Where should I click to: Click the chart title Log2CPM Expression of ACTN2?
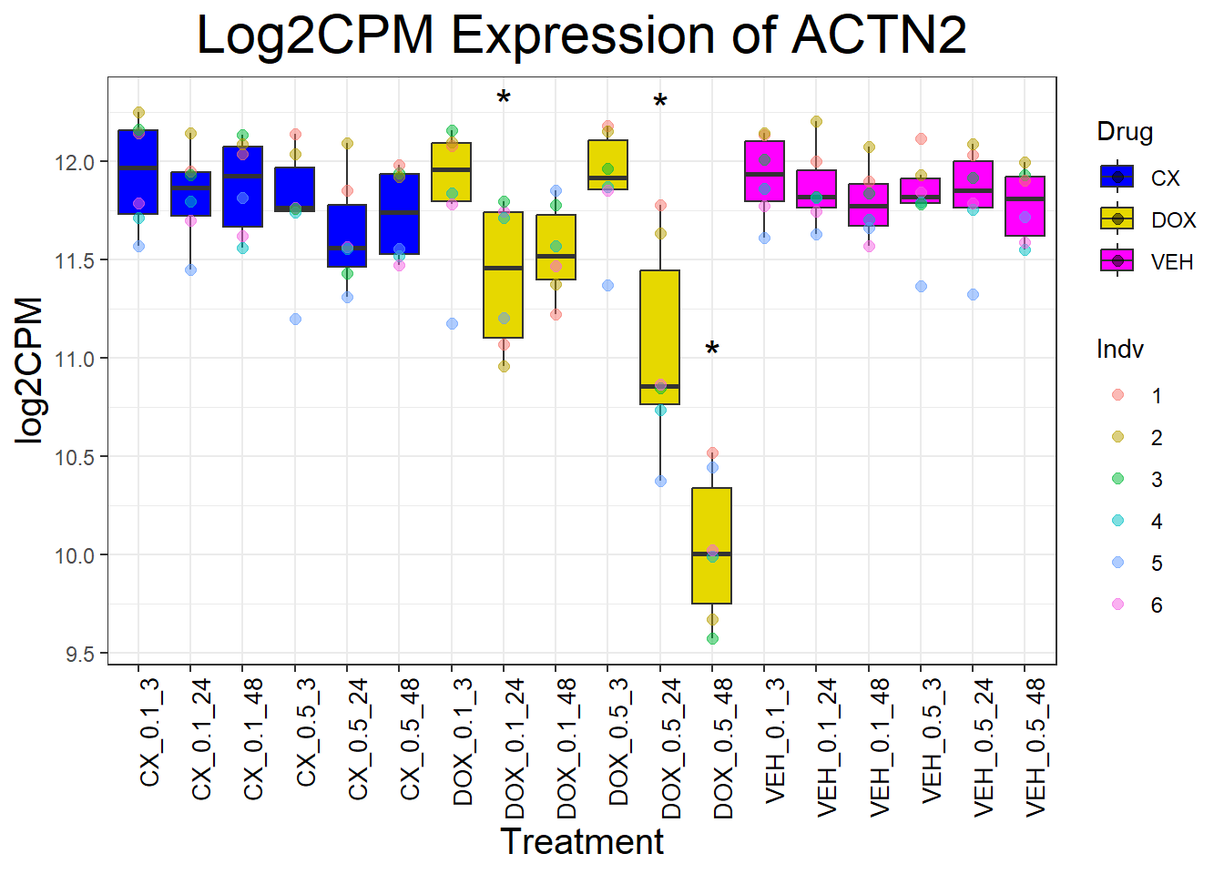(x=581, y=36)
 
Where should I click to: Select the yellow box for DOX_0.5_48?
(x=711, y=545)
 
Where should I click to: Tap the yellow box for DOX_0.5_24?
(x=659, y=337)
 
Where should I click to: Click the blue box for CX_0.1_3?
(x=138, y=172)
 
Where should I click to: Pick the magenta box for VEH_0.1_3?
(x=764, y=171)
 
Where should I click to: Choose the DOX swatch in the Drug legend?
(x=1117, y=219)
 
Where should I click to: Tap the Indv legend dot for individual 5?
(x=1118, y=563)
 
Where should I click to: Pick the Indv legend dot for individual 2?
(x=1118, y=437)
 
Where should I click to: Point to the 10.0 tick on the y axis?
(x=76, y=555)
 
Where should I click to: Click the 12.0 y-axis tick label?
(x=76, y=163)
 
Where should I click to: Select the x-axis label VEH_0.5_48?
(x=1035, y=747)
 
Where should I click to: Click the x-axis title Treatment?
(x=582, y=842)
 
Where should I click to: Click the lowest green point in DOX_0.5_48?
(x=712, y=638)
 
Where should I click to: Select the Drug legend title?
(x=1125, y=132)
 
